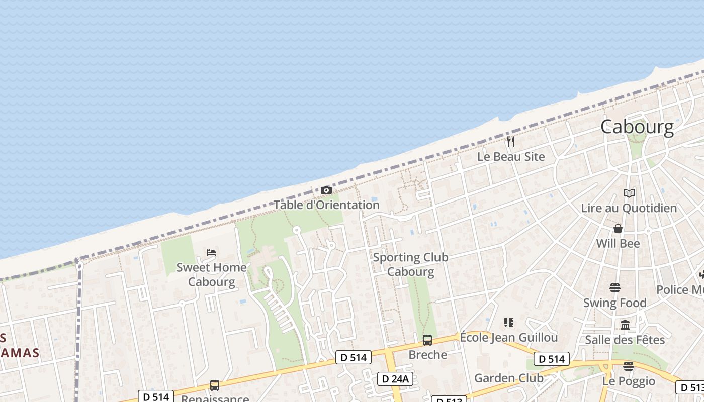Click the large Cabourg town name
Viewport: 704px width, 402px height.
tap(637, 127)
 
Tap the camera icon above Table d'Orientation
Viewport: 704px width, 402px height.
tap(326, 190)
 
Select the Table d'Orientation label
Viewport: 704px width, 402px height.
tap(326, 205)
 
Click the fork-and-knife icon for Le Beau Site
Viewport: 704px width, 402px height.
tap(511, 142)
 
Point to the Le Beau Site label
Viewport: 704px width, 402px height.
tap(511, 157)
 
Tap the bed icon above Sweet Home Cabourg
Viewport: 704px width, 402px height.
tap(211, 252)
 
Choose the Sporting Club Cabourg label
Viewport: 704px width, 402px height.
tap(410, 264)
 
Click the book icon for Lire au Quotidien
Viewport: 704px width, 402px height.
tap(629, 193)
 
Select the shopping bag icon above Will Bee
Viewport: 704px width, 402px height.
tap(618, 229)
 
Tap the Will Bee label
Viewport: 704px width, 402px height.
tap(618, 244)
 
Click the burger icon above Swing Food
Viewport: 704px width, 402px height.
tap(614, 288)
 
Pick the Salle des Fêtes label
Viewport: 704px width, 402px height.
tap(625, 340)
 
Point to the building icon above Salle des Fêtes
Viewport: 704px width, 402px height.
tap(625, 325)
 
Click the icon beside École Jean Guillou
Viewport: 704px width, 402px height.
tap(509, 323)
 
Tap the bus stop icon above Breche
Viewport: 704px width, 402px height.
tap(427, 340)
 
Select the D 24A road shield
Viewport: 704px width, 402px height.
tap(395, 379)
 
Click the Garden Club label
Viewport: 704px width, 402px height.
tap(509, 378)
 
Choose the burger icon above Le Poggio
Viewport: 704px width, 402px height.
tap(628, 366)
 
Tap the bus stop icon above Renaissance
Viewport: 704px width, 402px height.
tap(215, 385)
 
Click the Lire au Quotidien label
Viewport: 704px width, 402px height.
tap(629, 208)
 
